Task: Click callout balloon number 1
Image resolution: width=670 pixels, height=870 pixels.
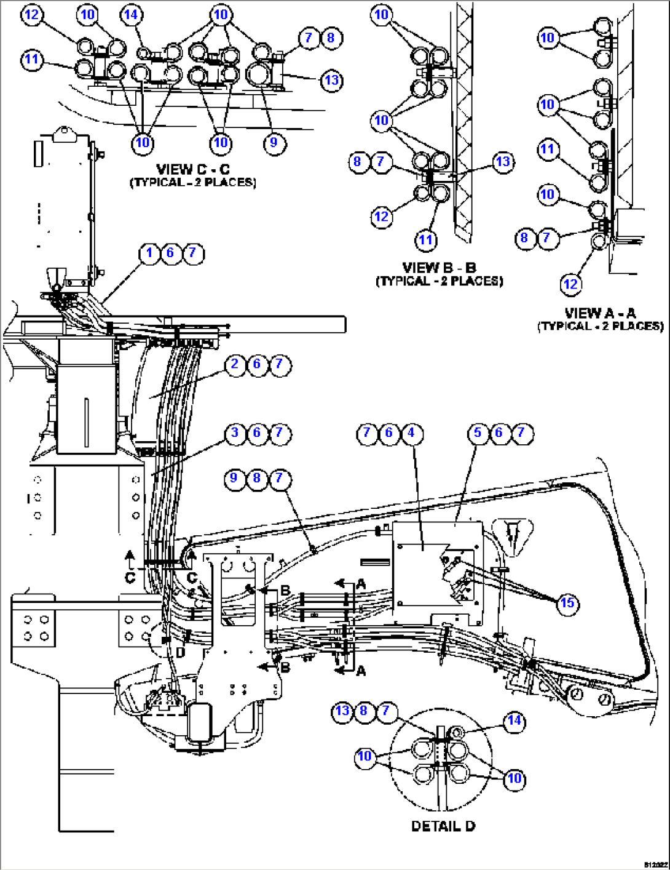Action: pos(149,253)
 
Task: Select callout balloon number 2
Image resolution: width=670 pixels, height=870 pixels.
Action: pos(235,364)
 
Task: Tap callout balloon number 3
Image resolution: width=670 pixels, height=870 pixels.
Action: pos(235,433)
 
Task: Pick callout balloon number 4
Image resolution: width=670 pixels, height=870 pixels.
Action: pos(411,433)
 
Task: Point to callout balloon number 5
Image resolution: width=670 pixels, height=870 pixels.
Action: pos(478,433)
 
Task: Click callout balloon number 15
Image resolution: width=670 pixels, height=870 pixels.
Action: pos(567,603)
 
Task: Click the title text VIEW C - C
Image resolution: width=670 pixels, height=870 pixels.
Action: pos(192,169)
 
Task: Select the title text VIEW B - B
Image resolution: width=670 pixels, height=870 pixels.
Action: pos(439,268)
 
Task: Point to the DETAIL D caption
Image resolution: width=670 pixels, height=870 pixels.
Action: pos(443,826)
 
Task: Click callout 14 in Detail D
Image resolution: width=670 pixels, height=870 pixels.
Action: pos(514,720)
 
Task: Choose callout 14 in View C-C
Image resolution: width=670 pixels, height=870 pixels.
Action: pos(132,15)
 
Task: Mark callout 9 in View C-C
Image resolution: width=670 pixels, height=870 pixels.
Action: pos(274,143)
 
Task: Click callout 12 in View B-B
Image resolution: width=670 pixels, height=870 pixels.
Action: pos(382,216)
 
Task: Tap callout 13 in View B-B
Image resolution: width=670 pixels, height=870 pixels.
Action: pos(503,162)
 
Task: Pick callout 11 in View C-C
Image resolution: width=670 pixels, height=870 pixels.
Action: pos(32,60)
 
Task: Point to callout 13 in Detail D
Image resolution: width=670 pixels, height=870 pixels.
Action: pos(342,711)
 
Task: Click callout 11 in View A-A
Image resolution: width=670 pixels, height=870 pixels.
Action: pos(547,149)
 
